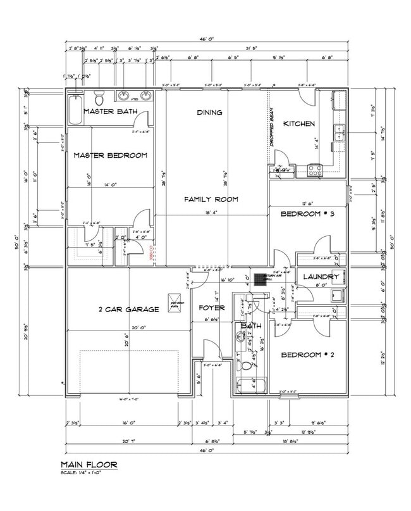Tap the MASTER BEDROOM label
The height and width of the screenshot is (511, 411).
[110, 155]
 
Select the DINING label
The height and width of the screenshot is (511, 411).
[209, 113]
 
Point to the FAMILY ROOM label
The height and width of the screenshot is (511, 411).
[211, 199]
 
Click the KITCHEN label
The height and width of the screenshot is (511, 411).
[298, 123]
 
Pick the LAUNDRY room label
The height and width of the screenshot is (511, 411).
[321, 277]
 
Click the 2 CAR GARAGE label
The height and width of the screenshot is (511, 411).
[128, 310]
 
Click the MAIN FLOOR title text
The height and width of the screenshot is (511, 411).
[89, 465]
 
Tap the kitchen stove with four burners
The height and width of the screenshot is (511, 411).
[314, 170]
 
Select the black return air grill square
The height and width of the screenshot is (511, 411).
[258, 277]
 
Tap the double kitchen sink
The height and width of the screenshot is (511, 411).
[339, 132]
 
